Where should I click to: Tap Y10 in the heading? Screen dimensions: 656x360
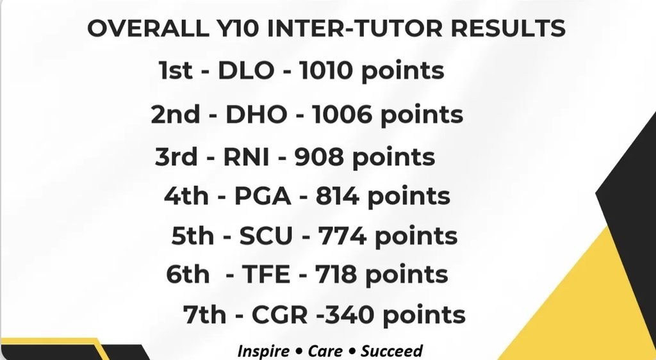pos(234,28)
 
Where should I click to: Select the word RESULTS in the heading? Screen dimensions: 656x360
pos(508,28)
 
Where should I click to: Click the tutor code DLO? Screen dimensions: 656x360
pos(246,70)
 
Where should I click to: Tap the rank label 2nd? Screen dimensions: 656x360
pos(176,114)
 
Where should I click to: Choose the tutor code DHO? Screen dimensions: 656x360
pos(256,115)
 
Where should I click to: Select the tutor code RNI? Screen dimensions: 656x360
pos(246,157)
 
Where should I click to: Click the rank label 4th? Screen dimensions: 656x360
pos(186,195)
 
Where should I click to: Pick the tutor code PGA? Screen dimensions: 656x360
pos(262,195)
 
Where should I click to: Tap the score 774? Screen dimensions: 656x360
pos(342,236)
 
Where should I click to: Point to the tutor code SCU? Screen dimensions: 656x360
pos(266,236)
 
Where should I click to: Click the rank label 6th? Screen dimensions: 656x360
pos(188,274)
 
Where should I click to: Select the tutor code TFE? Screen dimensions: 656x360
pos(266,275)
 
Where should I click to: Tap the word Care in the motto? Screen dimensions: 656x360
pos(325,351)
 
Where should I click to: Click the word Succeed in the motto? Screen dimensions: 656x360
pos(391,351)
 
